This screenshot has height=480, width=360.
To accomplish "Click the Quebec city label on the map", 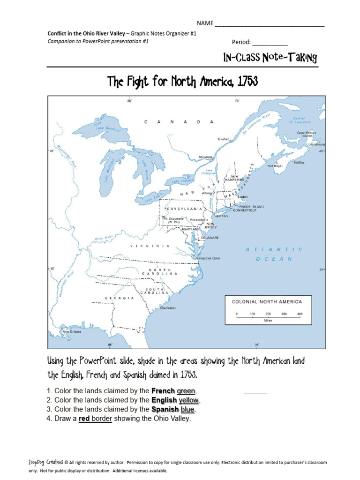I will (224, 139).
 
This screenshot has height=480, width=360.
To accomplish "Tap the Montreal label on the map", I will (205, 157).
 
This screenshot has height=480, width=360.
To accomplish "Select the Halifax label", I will (299, 163).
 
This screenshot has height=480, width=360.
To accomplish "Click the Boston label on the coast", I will (243, 197).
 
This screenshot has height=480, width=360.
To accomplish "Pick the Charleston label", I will (168, 308).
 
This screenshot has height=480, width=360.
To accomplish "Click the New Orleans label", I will (72, 331).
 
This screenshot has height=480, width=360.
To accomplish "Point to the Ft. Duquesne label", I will (173, 218).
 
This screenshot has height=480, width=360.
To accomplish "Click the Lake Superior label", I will (108, 128).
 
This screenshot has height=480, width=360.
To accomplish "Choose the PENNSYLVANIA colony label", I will (183, 208).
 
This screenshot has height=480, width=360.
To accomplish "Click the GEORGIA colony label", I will (120, 298).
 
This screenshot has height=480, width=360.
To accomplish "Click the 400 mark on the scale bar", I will (299, 314).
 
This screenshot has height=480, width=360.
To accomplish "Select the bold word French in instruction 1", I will (163, 391).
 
